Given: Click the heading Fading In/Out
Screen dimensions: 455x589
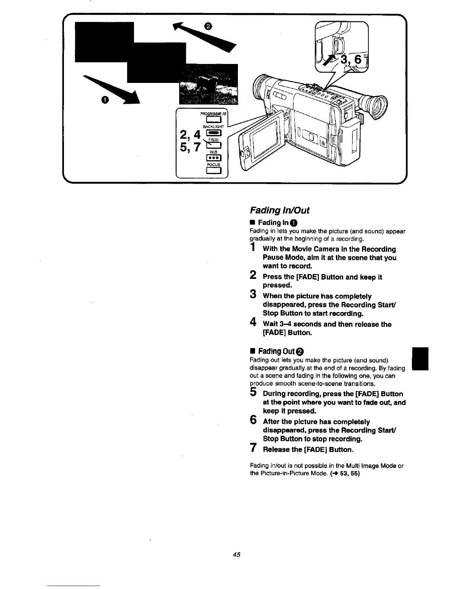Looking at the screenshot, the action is pyautogui.click(x=279, y=210).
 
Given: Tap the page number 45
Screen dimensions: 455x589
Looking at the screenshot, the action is pyautogui.click(x=236, y=555).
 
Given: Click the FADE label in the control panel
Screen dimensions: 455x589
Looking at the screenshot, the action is pyautogui.click(x=213, y=139).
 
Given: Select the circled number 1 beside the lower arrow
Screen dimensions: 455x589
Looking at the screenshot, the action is pyautogui.click(x=106, y=100).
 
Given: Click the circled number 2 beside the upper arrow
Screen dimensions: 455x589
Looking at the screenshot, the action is pyautogui.click(x=208, y=26).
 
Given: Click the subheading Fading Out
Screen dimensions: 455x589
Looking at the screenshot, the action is pyautogui.click(x=277, y=351).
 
